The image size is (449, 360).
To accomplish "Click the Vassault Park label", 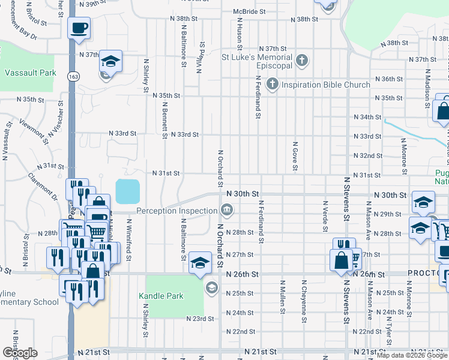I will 31,73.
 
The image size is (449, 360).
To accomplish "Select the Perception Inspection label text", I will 176,211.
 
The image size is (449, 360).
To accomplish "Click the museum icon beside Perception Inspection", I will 227,209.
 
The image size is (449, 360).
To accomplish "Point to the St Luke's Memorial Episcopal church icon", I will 302,60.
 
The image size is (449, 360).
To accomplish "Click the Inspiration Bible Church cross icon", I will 272,84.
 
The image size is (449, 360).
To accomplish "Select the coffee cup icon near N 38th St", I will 79,27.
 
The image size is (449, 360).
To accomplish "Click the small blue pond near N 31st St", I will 127,191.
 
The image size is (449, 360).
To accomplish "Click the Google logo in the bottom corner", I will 19,352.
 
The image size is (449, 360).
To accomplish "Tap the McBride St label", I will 249,11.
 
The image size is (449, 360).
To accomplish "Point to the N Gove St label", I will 295,157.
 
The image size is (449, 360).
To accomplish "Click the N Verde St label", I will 325,216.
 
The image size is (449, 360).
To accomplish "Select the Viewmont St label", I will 32,131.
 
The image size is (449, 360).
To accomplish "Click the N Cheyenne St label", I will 304,294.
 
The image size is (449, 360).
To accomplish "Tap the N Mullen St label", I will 282,294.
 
